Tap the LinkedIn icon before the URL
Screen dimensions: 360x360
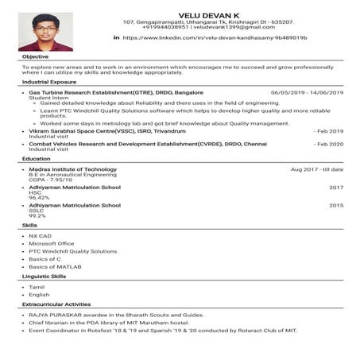pos(117,37)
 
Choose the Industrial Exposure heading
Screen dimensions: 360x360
pos(49,82)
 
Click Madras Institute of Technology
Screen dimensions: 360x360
pos(72,169)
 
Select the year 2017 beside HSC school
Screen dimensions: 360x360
pos(336,188)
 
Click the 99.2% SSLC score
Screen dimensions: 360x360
pos(37,215)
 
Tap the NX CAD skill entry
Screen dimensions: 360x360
pos(40,235)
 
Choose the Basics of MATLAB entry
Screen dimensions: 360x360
pos(55,266)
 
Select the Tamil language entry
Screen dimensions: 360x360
pos(37,286)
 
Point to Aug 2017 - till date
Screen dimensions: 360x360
pos(316,169)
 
